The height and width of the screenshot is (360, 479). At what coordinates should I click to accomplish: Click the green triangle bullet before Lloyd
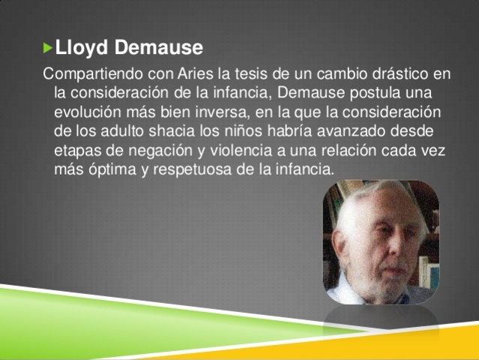click(x=49, y=48)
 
